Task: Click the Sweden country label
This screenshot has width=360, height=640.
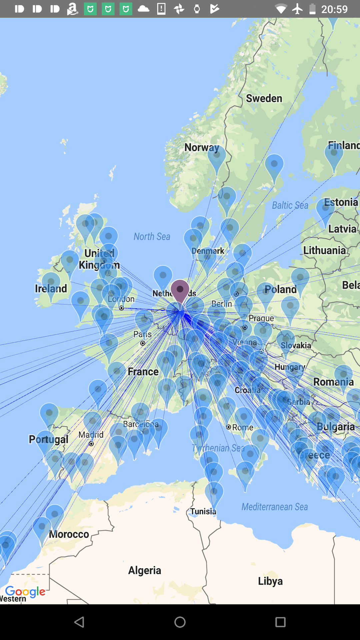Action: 264,98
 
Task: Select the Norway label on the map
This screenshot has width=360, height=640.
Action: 202,147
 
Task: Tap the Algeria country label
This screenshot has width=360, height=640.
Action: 145,570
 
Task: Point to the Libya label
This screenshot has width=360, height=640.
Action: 270,581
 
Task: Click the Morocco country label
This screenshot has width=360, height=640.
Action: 69,534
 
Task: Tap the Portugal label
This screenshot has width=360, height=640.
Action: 49,439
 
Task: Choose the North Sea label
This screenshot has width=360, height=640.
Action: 152,237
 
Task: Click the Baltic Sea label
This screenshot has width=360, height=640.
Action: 290,205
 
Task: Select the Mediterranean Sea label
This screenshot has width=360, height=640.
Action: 275,507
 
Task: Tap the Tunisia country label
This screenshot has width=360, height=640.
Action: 203,511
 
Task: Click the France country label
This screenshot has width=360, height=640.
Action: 143,372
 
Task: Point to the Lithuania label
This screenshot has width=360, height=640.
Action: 324,250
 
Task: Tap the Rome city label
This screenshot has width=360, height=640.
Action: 242,427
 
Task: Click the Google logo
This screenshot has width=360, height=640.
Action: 25,592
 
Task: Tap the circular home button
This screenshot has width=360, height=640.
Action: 180,622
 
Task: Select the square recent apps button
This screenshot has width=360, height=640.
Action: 280,622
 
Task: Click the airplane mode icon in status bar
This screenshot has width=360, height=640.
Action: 297,9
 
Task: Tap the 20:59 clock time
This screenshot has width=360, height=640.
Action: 334,9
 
